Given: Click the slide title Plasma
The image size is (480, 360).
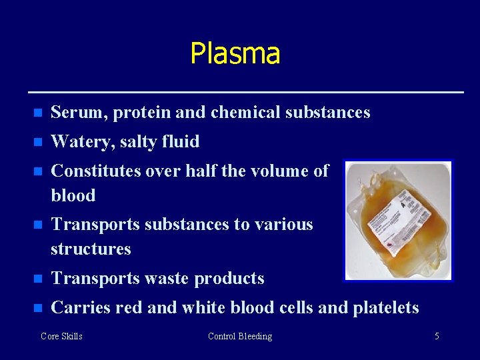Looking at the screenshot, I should (x=235, y=53).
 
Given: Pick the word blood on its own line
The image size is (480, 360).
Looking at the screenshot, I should (x=73, y=196).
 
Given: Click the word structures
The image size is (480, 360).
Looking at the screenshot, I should (x=91, y=249).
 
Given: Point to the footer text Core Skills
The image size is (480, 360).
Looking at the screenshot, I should (x=61, y=337).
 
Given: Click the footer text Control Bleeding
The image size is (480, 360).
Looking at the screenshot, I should (x=240, y=337).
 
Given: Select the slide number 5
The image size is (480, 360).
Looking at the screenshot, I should (x=437, y=337).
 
